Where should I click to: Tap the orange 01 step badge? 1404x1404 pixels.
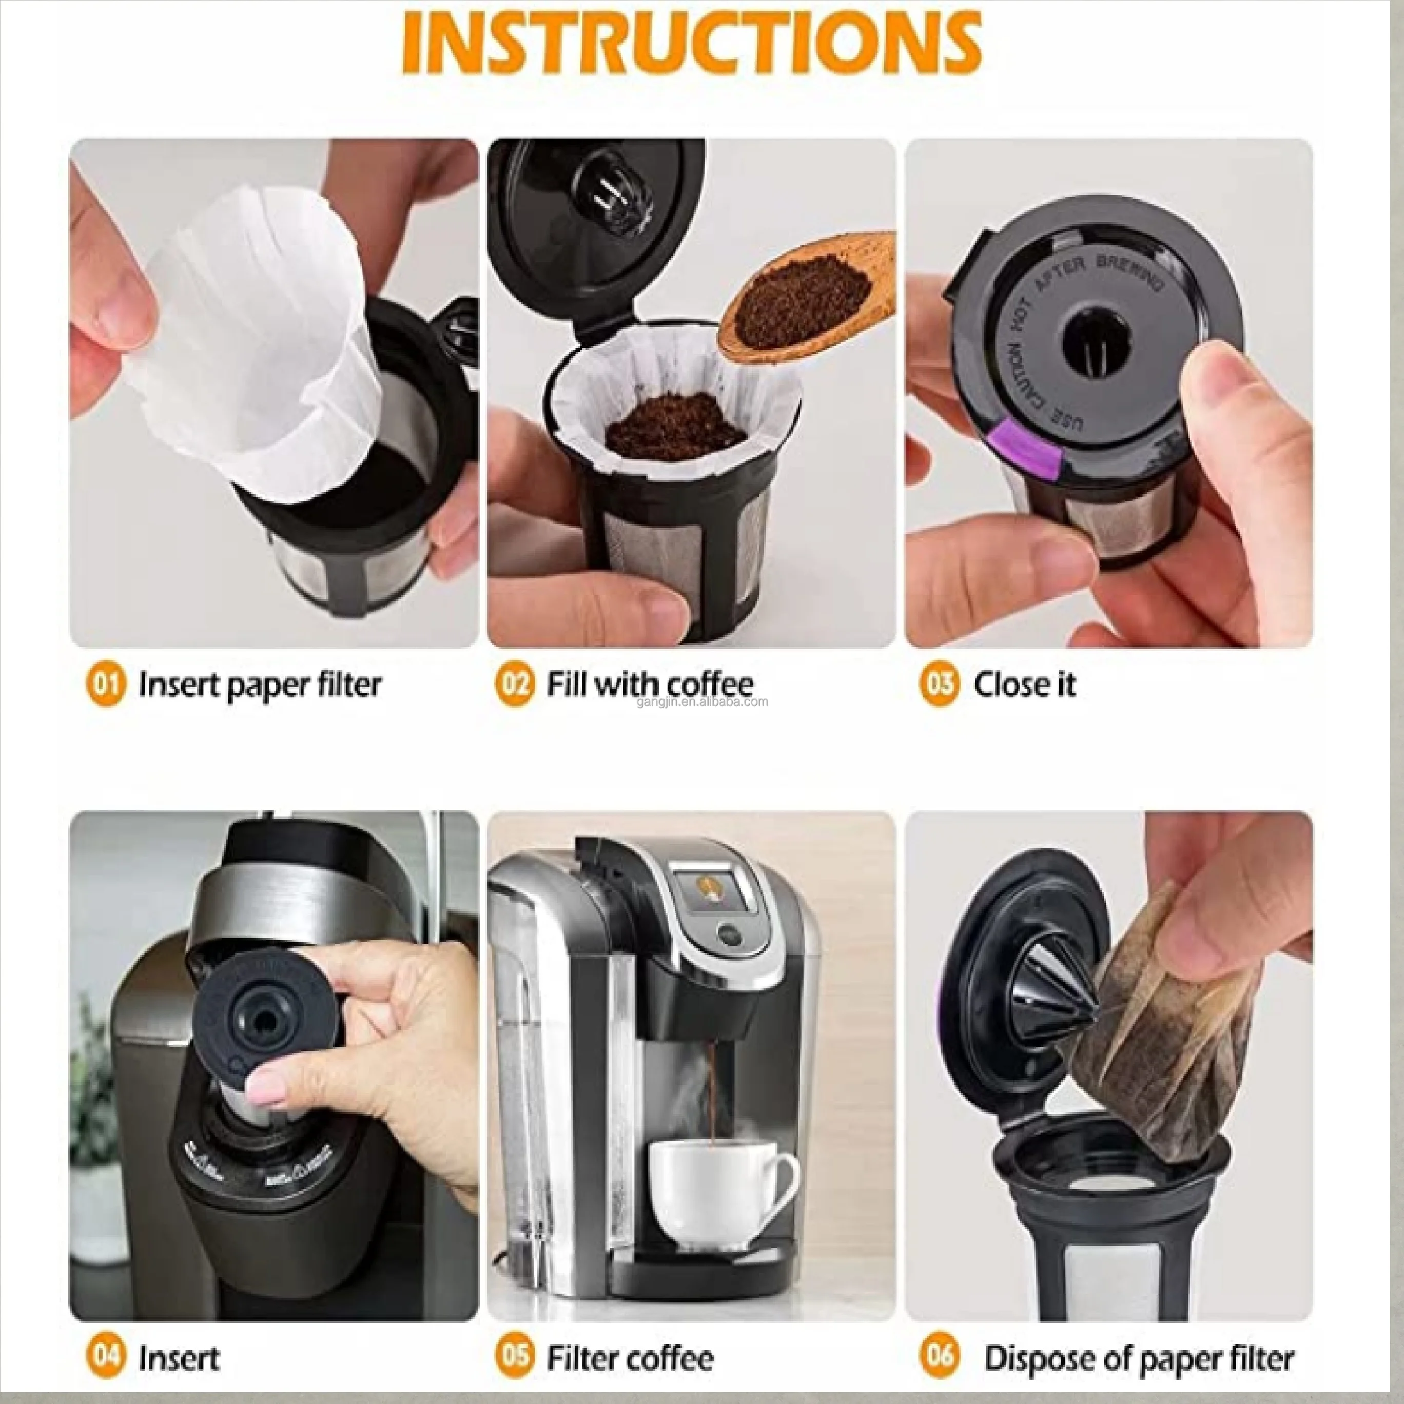[106, 685]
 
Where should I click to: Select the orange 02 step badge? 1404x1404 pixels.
[514, 685]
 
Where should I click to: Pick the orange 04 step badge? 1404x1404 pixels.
[106, 1357]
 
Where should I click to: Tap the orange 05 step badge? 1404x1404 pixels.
[514, 1357]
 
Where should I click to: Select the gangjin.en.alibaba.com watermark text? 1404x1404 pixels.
[702, 702]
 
